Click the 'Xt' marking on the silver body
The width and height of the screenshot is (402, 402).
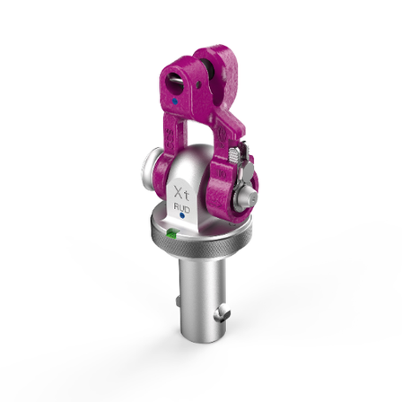tap(182, 195)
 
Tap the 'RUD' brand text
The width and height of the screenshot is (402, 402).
tap(181, 207)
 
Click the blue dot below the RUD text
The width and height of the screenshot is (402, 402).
tap(181, 215)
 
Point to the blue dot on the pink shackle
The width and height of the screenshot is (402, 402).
tap(175, 101)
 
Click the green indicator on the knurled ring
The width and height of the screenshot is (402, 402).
tap(172, 232)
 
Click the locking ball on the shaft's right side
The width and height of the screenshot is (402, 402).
tap(222, 316)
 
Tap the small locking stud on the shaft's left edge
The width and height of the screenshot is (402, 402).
tap(179, 301)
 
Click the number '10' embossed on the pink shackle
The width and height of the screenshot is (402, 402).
tap(222, 173)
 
